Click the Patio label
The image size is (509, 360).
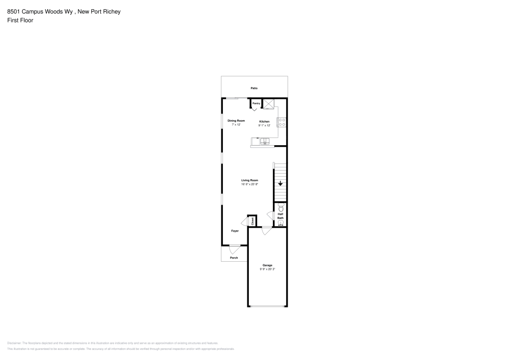point(254,88)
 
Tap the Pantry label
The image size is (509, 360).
point(256,103)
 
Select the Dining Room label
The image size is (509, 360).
point(236,121)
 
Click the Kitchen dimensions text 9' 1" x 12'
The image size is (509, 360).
point(264,125)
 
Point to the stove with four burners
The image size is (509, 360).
point(281,122)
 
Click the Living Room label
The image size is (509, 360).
point(249,180)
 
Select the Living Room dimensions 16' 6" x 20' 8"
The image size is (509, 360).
point(249,184)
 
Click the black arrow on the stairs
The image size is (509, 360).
point(280,184)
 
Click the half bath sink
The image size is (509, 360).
point(280,223)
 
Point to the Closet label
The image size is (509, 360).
point(252,221)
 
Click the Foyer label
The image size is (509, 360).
point(235,231)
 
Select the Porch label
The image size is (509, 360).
point(234,258)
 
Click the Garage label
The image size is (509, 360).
point(267,265)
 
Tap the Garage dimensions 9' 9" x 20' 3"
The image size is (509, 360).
point(267,269)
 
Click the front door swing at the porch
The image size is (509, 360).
point(234,250)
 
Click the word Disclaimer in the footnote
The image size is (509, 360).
point(14,343)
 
